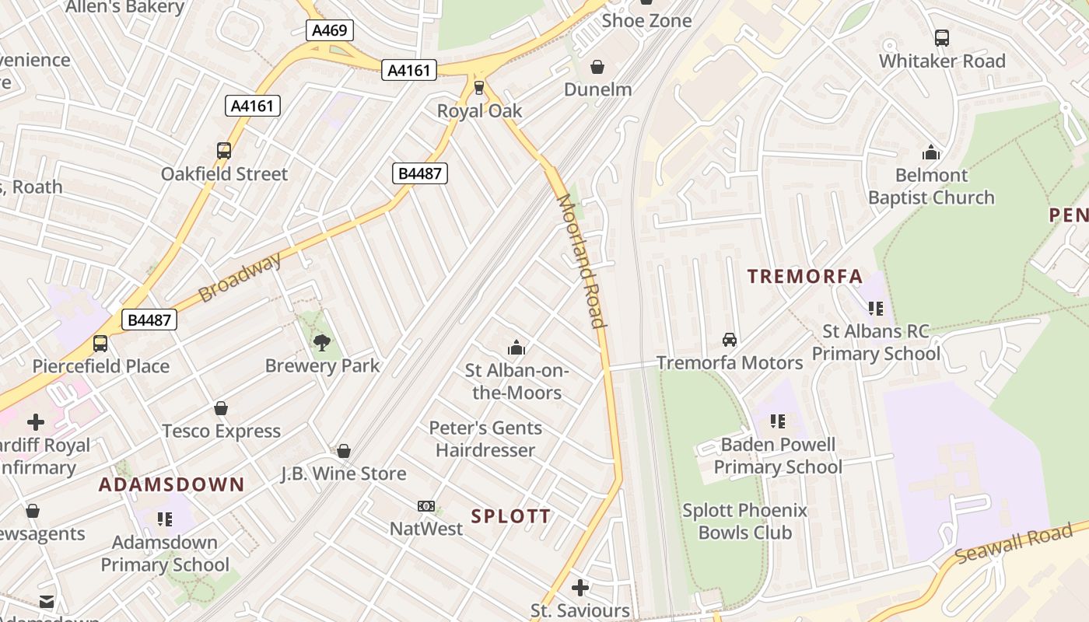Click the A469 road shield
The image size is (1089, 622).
click(330, 30)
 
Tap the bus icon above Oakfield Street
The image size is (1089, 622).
click(224, 151)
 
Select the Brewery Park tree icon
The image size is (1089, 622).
click(321, 343)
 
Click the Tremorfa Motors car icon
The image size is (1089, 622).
click(730, 340)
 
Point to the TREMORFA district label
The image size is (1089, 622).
click(805, 276)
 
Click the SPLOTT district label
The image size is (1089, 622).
click(511, 516)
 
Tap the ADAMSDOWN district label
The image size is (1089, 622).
click(171, 485)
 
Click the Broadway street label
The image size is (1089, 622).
click(240, 278)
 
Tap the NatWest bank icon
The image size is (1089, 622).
click(425, 506)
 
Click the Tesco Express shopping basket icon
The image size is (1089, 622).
click(221, 408)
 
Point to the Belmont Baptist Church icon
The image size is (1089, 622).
click(931, 152)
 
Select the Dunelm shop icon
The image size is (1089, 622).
click(597, 68)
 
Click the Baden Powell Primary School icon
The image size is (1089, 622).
click(777, 421)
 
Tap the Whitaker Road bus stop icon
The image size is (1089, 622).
click(942, 37)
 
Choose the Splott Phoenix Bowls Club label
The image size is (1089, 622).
click(744, 522)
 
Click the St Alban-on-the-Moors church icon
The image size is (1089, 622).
click(516, 348)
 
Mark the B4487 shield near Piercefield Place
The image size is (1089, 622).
click(149, 320)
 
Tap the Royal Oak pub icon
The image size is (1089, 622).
click(479, 87)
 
